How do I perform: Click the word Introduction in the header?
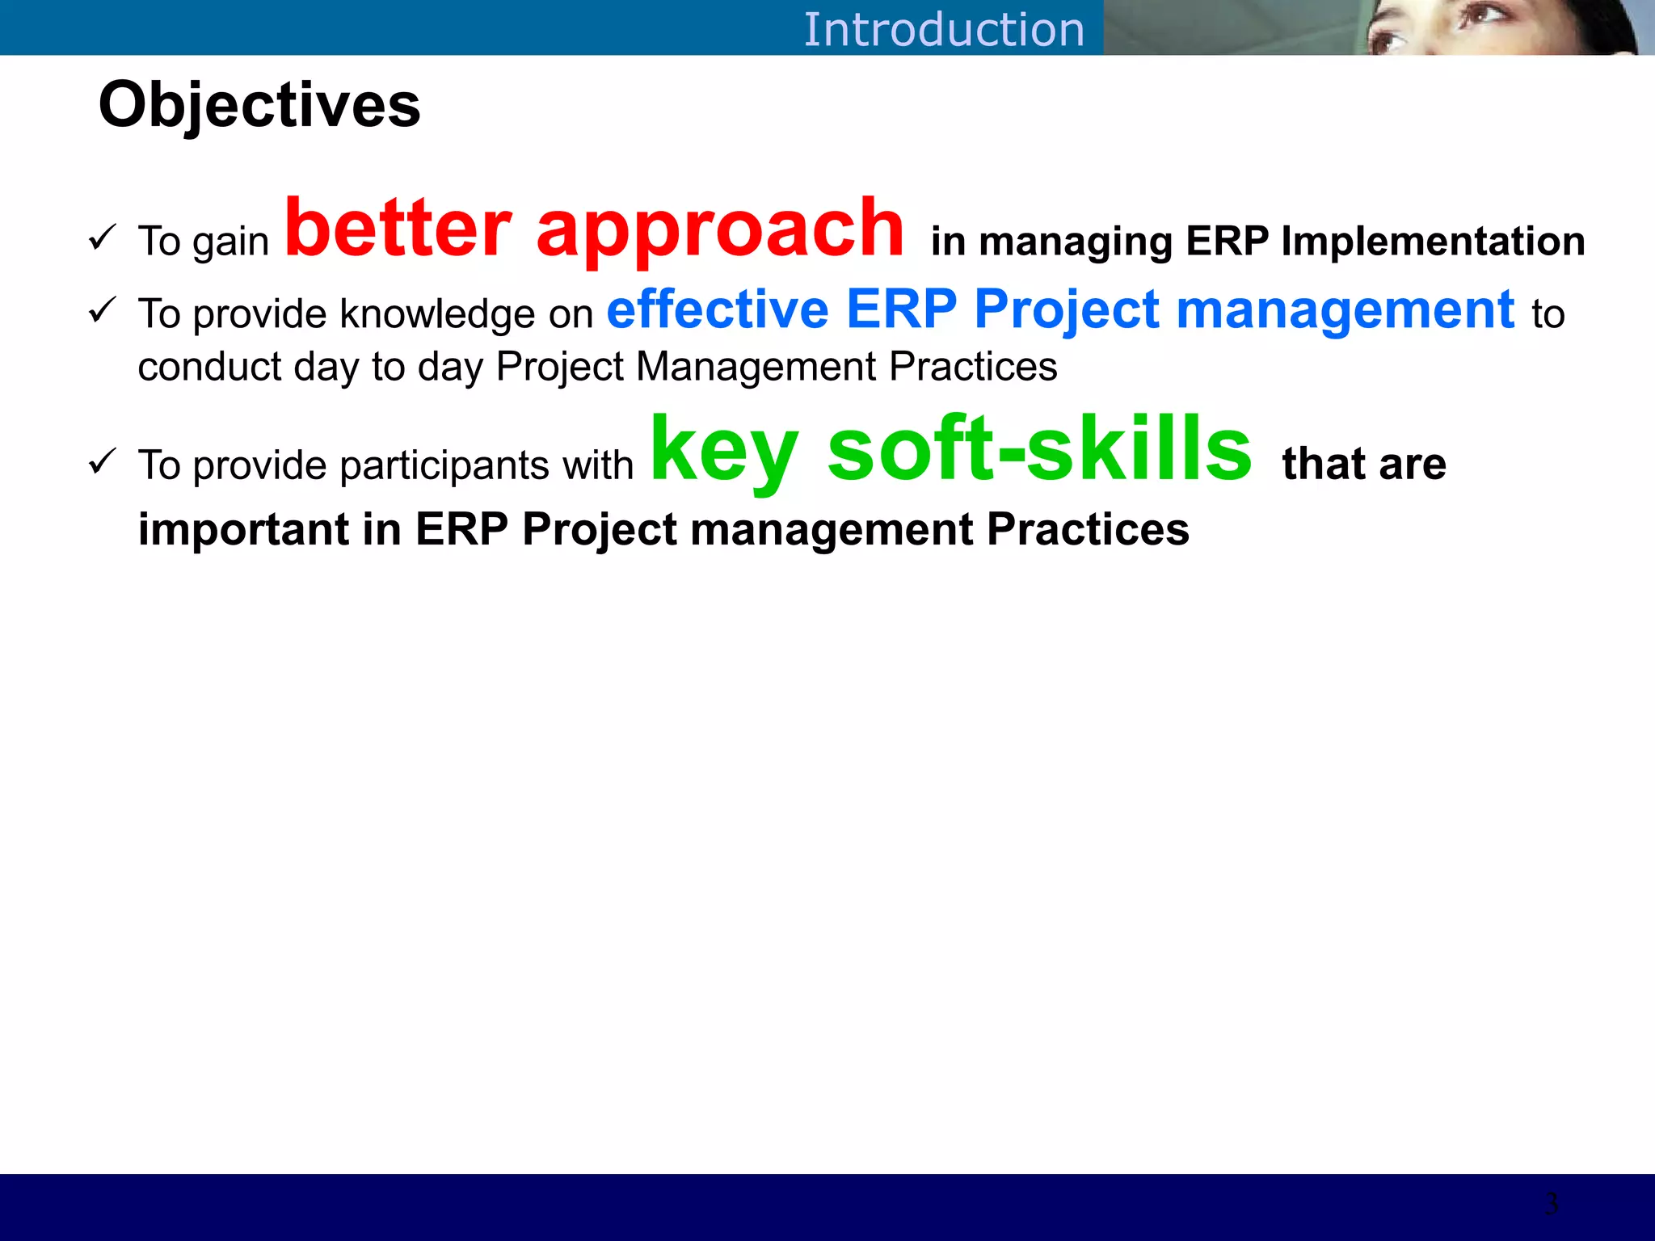click(x=943, y=30)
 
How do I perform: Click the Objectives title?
click(x=259, y=105)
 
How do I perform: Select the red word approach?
click(x=719, y=230)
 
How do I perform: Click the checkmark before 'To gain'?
click(x=103, y=238)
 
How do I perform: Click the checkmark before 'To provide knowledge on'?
click(x=103, y=309)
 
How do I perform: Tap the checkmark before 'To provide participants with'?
click(x=103, y=461)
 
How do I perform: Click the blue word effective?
click(x=718, y=309)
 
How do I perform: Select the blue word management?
click(x=1345, y=311)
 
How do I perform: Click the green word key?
click(x=724, y=450)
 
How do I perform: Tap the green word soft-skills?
click(x=1039, y=448)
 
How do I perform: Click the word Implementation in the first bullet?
click(x=1433, y=241)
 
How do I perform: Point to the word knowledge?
click(x=437, y=314)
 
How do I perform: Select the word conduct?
click(x=208, y=367)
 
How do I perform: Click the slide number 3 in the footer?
click(x=1551, y=1204)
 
